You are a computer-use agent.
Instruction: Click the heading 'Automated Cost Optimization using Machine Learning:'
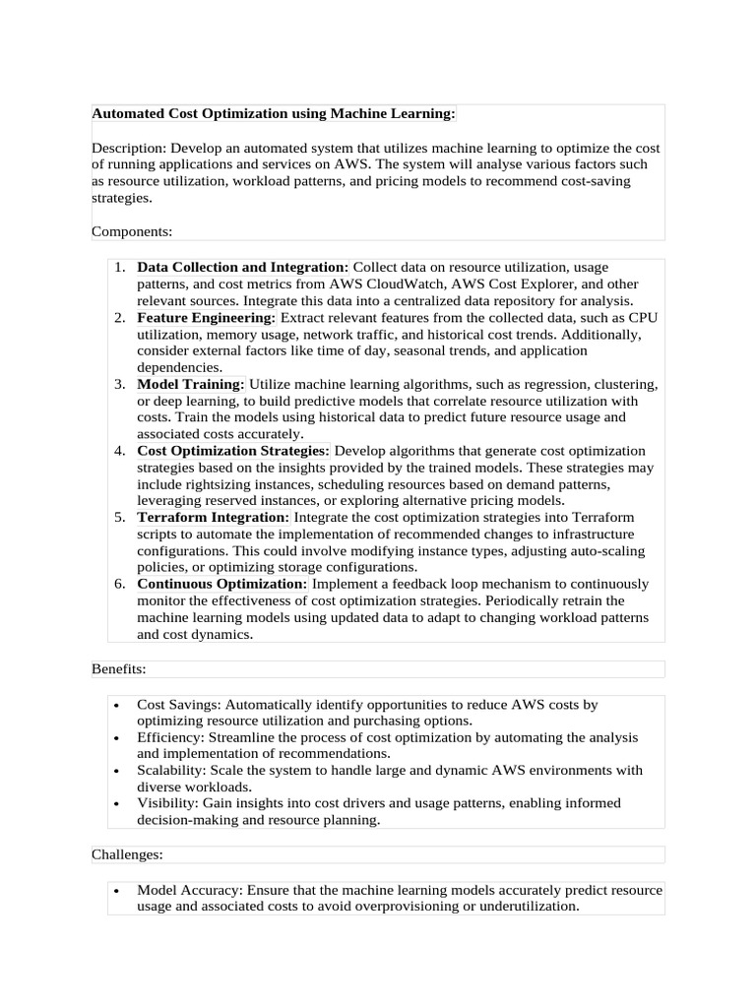point(274,115)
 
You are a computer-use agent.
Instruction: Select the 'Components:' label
point(132,231)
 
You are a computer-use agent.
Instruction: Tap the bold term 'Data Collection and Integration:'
point(242,268)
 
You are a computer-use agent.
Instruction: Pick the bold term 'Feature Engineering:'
point(207,318)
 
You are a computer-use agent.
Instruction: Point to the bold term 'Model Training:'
point(191,384)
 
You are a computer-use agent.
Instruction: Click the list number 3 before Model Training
point(118,384)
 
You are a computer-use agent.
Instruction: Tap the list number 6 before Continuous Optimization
point(118,584)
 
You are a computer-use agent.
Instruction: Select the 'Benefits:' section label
point(119,669)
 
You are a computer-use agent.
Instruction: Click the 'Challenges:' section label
point(128,854)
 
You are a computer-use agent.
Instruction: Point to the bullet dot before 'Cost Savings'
point(116,706)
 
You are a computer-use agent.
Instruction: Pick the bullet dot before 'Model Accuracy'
point(116,891)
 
